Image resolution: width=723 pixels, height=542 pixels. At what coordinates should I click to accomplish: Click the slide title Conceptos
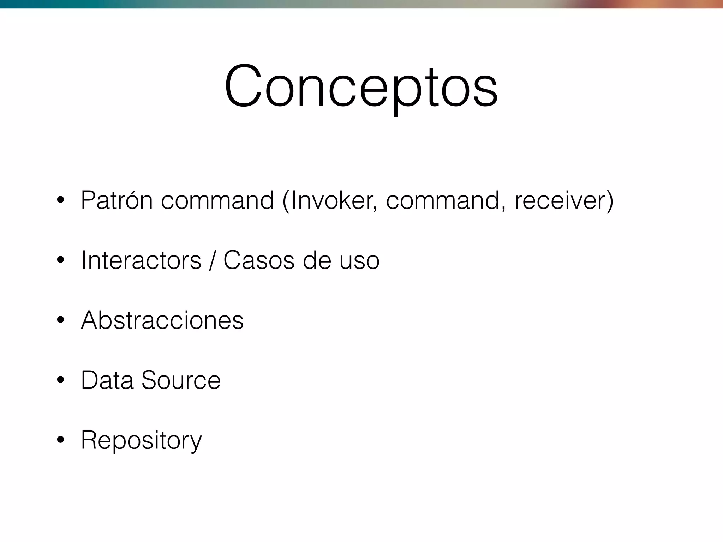click(361, 86)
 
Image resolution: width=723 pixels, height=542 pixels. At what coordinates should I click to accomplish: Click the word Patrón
click(117, 200)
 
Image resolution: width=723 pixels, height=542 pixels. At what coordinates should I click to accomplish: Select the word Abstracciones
click(162, 320)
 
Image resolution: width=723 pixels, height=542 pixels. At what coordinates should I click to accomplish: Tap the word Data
click(107, 380)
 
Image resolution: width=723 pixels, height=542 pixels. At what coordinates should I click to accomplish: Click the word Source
click(181, 380)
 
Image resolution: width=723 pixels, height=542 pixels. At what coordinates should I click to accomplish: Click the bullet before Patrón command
click(60, 200)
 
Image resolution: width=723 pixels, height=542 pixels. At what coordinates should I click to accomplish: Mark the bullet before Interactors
click(60, 260)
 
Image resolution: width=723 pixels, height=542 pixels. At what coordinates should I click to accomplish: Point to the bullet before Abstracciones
click(60, 320)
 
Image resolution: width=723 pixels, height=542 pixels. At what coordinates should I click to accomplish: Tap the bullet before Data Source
click(60, 380)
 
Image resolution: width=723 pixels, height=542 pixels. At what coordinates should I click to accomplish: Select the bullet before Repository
click(60, 440)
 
